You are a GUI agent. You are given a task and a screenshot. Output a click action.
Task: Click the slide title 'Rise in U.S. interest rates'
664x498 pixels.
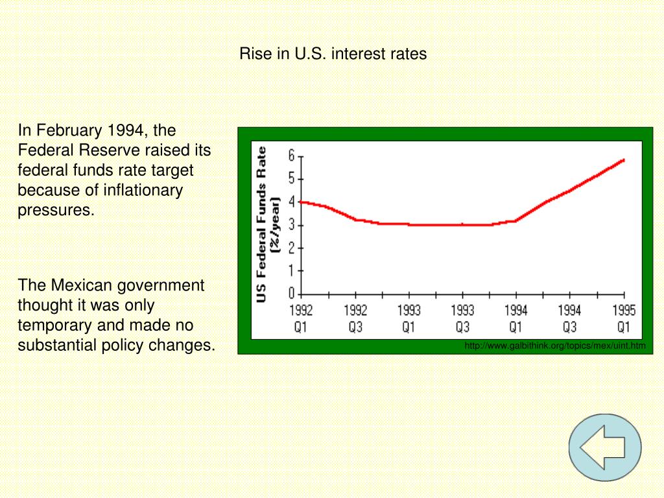(x=333, y=54)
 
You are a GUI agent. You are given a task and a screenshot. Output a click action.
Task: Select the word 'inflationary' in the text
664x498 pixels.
(x=144, y=190)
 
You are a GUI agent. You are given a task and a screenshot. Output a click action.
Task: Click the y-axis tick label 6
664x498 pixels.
(x=292, y=156)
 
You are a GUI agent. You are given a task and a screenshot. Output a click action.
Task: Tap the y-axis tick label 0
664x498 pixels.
(x=292, y=294)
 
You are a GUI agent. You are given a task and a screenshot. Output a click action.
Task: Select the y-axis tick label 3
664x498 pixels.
(x=292, y=225)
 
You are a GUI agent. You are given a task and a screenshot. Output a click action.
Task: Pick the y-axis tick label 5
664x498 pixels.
(x=292, y=180)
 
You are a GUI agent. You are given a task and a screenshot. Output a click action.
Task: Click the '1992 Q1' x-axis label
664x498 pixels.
(x=301, y=318)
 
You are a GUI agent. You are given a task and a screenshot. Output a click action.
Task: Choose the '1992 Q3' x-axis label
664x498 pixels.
(x=355, y=318)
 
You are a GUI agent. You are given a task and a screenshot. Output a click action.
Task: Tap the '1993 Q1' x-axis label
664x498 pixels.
(x=409, y=318)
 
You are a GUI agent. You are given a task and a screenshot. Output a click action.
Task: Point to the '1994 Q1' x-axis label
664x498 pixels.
(x=516, y=318)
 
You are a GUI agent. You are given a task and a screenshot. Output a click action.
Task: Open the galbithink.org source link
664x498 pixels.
(x=555, y=346)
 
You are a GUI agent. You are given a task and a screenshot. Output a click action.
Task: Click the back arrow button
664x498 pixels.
(x=604, y=447)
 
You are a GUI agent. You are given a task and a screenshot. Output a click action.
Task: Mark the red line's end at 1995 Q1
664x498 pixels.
(x=623, y=160)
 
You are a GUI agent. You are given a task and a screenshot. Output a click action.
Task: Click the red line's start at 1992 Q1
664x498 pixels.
(x=302, y=202)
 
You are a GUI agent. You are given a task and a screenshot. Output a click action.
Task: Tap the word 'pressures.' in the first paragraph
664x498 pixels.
(x=56, y=210)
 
